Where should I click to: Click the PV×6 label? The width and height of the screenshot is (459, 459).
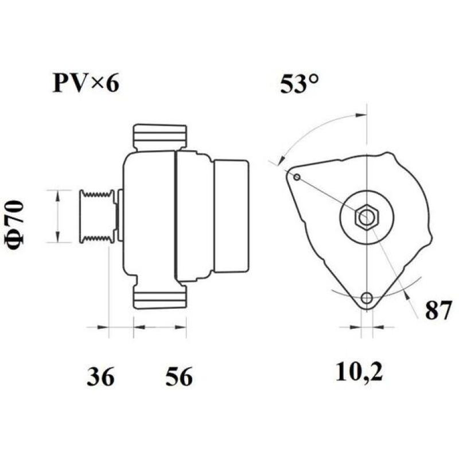86,84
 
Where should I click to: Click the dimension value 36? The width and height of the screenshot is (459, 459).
101,377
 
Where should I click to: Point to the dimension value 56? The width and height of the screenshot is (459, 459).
179,377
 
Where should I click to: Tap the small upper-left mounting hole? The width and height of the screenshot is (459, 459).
297,177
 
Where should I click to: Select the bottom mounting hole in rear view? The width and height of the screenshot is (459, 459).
367,298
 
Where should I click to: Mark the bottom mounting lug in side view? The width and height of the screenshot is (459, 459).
160,297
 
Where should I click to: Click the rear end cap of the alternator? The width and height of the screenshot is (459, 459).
231,217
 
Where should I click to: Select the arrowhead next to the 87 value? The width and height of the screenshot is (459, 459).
407,295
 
